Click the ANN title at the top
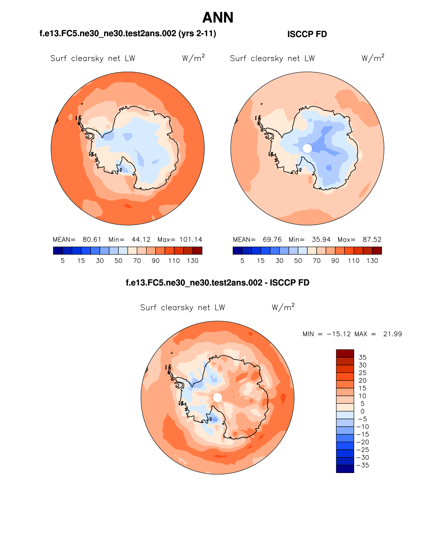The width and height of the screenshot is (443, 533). coord(218,18)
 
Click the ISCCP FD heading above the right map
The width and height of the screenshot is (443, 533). coord(307,34)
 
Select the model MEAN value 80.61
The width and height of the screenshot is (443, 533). coord(92,239)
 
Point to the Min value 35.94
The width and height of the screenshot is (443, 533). coord(321,239)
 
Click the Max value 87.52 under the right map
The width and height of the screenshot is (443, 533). coord(372,239)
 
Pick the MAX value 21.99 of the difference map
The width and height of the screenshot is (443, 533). coord(392,334)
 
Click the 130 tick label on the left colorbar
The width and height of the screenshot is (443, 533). coord(192,261)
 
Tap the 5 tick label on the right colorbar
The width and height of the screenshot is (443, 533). coord(242,261)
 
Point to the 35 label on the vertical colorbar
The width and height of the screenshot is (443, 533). coord(362,357)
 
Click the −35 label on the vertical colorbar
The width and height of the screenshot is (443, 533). coord(362,465)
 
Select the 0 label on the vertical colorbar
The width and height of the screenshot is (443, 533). coord(362,411)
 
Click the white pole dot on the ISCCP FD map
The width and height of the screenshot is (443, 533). coord(307,148)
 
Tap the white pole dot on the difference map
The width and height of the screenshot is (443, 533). coord(218,397)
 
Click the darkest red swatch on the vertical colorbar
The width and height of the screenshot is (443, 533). coord(345,354)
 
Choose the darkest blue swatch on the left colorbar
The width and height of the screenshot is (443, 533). coord(58,251)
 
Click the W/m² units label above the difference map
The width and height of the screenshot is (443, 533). coord(283,307)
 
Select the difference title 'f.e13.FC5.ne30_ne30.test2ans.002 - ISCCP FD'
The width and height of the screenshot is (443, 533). coord(218,283)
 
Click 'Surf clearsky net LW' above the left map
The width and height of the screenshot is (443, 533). coord(93,58)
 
